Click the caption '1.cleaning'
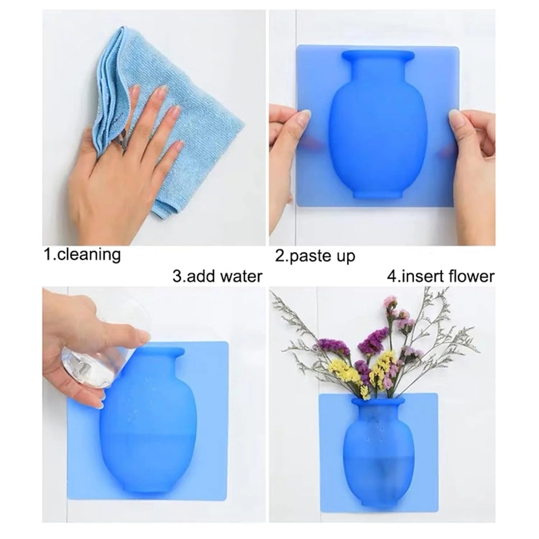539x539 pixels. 82,255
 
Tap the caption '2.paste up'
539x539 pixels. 315,256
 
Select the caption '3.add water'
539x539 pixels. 217,276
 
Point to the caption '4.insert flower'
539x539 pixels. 441,276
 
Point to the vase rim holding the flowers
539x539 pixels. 378,400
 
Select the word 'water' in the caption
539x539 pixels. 241,276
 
